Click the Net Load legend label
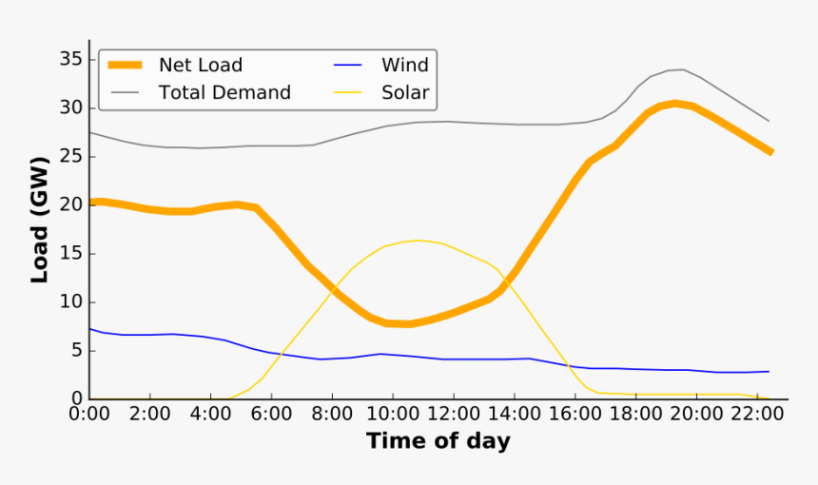coord(200,66)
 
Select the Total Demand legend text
coord(224,93)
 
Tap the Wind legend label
coord(405,66)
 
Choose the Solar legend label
coord(405,93)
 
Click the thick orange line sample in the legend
coord(126,66)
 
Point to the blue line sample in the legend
coord(349,66)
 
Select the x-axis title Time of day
coord(438,441)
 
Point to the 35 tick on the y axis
coord(71,59)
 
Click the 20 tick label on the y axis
coord(71,204)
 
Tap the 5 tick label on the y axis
coord(76,351)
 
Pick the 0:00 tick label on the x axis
coord(89,414)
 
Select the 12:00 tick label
coord(453,414)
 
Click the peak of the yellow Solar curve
coord(417,241)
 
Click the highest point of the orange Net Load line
coord(674,103)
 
